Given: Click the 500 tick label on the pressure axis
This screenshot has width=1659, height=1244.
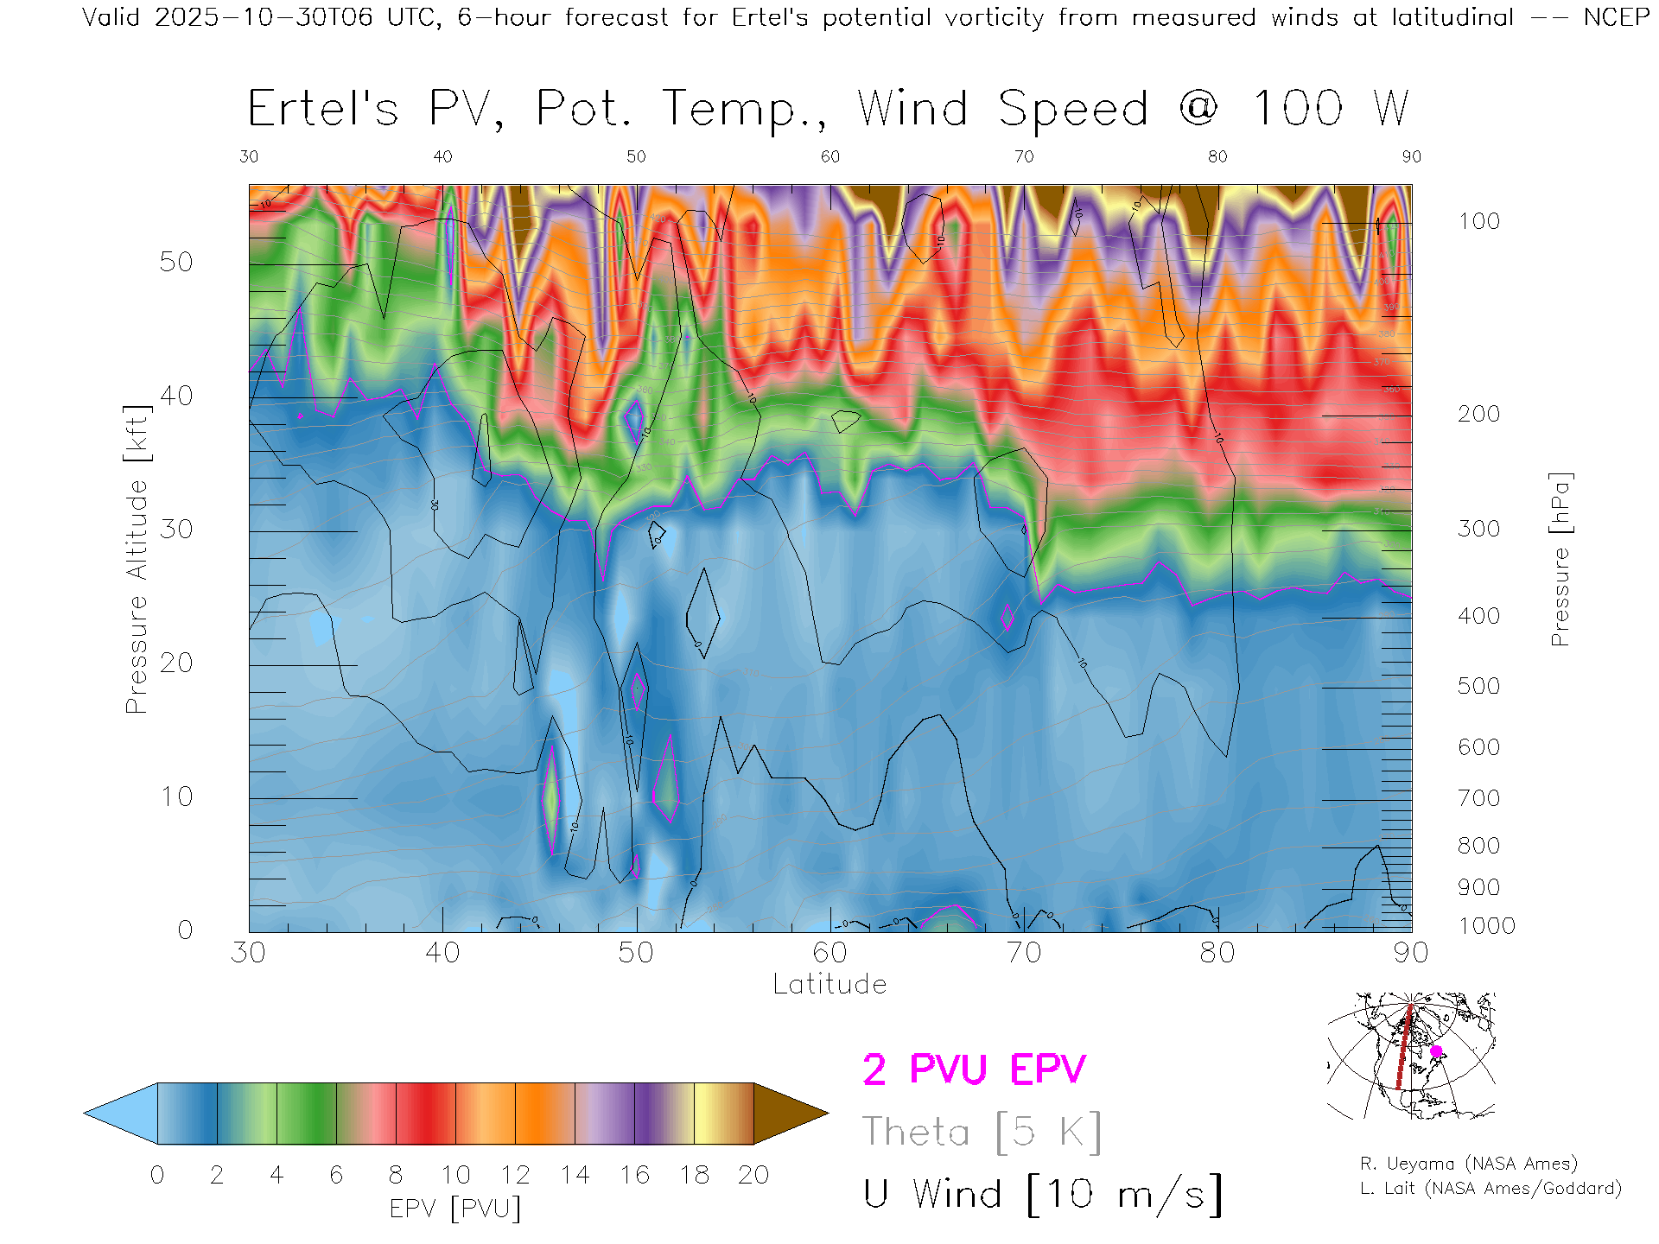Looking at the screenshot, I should [1478, 686].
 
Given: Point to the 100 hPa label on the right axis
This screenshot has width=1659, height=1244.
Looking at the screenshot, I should [1478, 221].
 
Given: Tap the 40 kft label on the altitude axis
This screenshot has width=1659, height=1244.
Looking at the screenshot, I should [176, 396].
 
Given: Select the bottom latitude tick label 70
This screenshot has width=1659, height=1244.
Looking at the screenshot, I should [1023, 953].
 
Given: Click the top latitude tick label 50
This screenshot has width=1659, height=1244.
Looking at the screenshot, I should [636, 156].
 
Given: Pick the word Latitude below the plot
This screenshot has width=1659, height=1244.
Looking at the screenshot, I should [829, 984].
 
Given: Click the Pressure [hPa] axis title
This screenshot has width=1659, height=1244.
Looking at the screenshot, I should [1560, 559].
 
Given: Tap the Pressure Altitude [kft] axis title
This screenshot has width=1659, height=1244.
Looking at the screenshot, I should [137, 559].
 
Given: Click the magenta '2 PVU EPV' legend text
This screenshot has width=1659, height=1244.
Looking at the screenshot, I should [974, 1069].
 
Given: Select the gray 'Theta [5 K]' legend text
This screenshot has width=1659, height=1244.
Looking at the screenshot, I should [982, 1132].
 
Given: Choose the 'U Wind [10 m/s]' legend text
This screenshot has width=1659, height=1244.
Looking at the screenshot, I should [1042, 1195].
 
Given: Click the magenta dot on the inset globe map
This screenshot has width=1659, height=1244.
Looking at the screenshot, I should [1436, 1051].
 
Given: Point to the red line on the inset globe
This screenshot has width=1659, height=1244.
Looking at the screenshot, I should [1403, 1050].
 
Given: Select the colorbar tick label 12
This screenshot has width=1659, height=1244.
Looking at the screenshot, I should [515, 1175].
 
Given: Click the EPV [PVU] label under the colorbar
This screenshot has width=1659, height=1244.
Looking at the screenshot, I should [455, 1208].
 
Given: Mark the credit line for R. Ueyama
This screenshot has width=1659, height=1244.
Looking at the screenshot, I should [1468, 1164].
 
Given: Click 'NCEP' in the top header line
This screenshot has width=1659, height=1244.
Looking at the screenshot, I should [1616, 17].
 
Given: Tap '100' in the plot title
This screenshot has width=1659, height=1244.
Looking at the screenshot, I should [1297, 109].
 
